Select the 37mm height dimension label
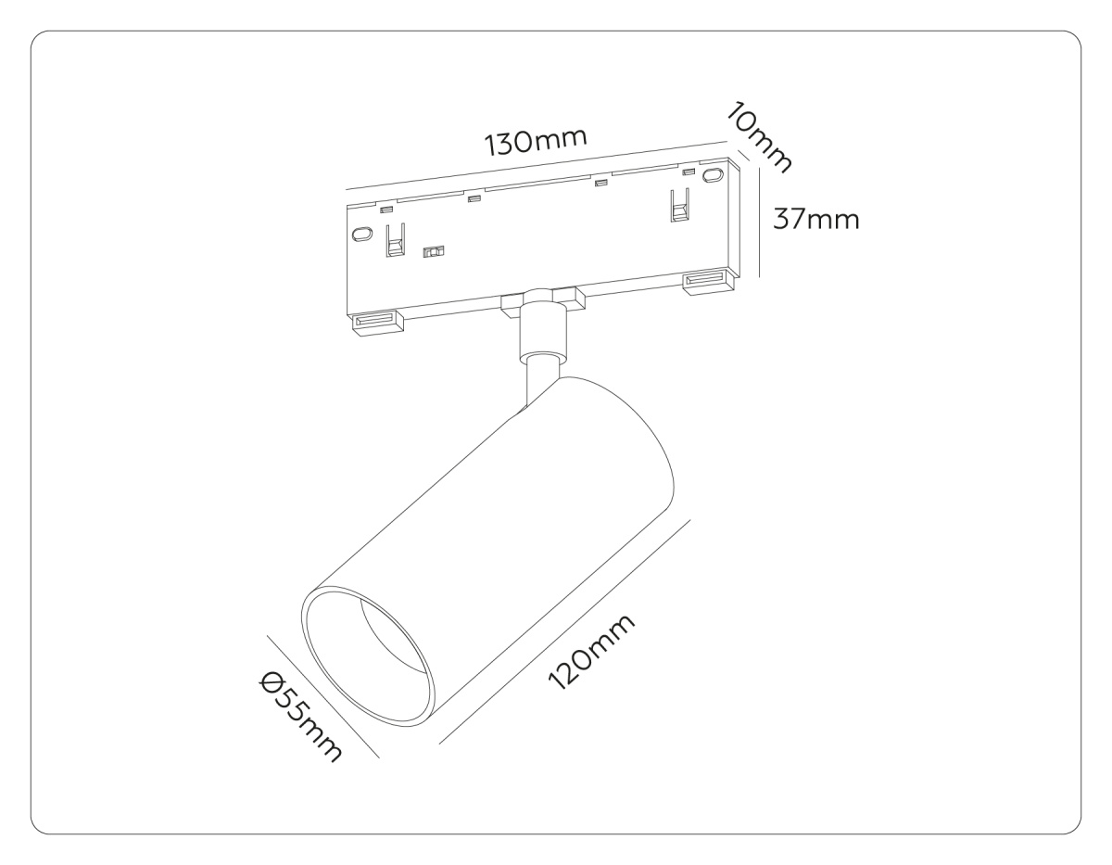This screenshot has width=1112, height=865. pos(816,220)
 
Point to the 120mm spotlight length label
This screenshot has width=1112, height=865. pos(591,652)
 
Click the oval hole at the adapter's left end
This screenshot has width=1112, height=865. pos(360,234)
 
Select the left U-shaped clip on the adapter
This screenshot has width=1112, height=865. pos(395,240)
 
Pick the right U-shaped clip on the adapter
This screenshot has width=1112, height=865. pos(679,206)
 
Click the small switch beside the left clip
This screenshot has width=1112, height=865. pos(433,252)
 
